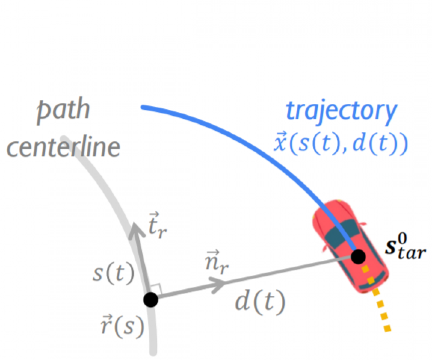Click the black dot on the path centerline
pyautogui.click(x=151, y=300)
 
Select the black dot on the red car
pyautogui.click(x=359, y=256)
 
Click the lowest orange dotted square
pyautogui.click(x=388, y=328)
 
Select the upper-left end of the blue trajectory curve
pyautogui.click(x=142, y=107)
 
